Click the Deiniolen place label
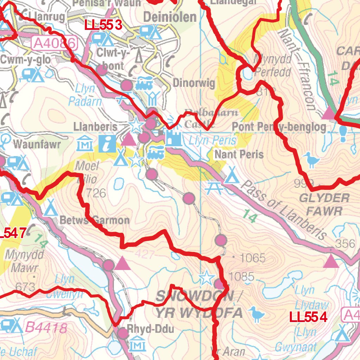[x=170, y=17]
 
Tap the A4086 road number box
[x=54, y=44]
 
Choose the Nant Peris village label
[x=239, y=154]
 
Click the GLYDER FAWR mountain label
[x=324, y=204]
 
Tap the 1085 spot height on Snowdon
[x=241, y=276]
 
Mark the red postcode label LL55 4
[x=308, y=317]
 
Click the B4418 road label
[x=46, y=328]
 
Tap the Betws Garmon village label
[x=95, y=220]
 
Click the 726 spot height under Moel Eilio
[x=96, y=193]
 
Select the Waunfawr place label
[x=37, y=144]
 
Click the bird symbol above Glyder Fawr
[x=311, y=160]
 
